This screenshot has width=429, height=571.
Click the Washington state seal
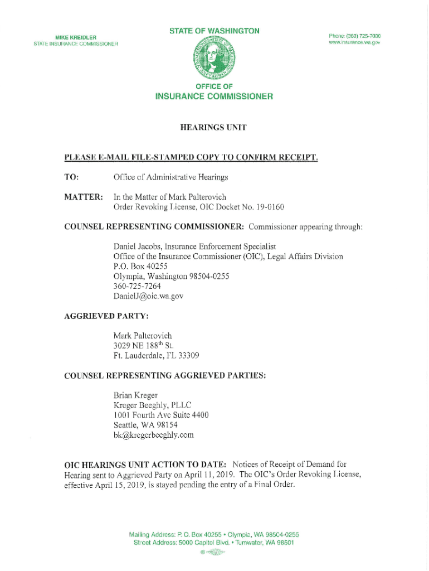coord(214,59)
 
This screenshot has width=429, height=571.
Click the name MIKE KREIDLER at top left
coord(75,37)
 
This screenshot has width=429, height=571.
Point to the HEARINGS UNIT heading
coord(214,128)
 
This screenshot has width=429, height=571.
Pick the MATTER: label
coord(80,197)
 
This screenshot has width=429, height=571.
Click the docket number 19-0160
coord(270,207)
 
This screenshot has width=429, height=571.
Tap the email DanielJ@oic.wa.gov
coord(148,296)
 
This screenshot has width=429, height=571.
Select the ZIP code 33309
coord(187,355)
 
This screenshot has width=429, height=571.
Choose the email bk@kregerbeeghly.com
coord(153,435)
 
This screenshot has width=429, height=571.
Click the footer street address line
coord(214,542)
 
